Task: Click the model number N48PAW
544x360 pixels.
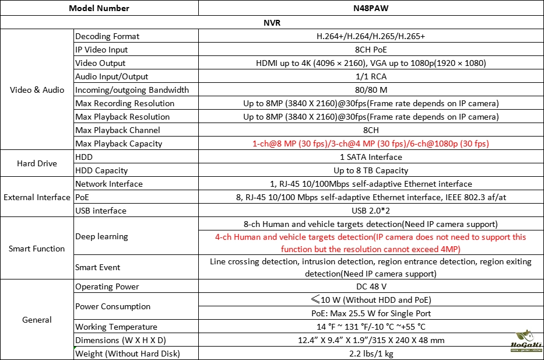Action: coord(371,8)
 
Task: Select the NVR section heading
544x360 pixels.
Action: coord(272,23)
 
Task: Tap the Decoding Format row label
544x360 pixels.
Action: coord(107,36)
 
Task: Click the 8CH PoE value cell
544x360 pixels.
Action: coord(371,50)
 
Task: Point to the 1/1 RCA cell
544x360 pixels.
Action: coord(371,76)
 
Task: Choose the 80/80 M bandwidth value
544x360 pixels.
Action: coord(371,90)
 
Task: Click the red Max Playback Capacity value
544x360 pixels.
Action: coord(371,144)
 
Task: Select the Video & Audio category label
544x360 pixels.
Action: coord(37,90)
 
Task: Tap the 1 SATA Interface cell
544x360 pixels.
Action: coord(371,157)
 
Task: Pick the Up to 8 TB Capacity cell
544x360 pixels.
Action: coord(371,170)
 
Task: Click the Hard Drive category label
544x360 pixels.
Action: coord(37,164)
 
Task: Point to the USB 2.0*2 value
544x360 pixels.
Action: coord(371,211)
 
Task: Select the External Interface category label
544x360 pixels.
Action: coord(37,197)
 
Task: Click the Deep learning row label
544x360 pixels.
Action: coord(101,236)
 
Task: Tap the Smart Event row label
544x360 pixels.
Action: coord(98,267)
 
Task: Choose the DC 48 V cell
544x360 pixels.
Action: coord(371,286)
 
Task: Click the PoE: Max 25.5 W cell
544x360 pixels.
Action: coord(371,313)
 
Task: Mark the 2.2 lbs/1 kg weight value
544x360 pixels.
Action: coord(371,354)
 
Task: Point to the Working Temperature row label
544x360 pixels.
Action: coord(117,327)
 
